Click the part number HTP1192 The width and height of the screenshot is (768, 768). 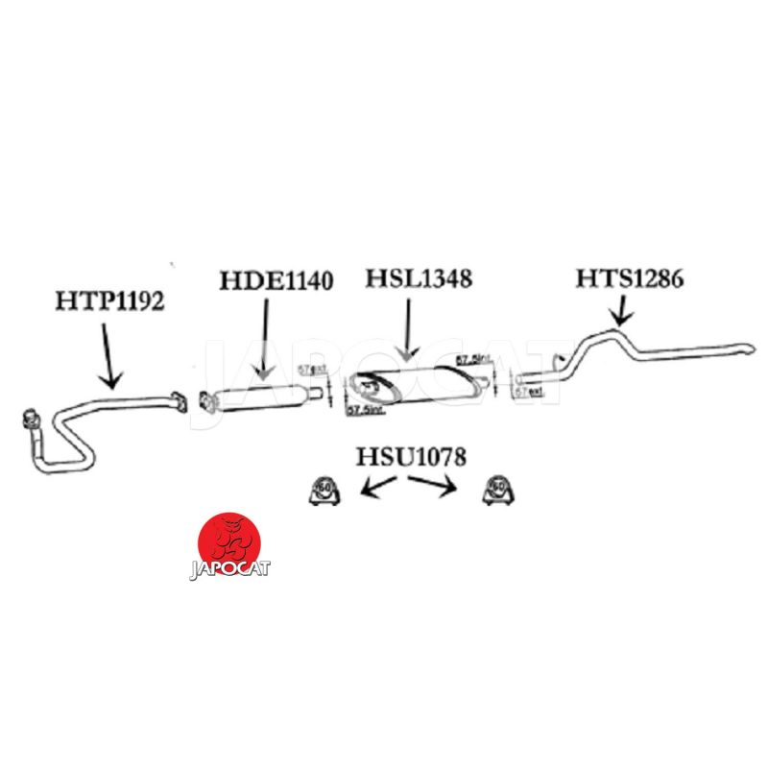click(109, 300)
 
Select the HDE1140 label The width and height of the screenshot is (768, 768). click(276, 281)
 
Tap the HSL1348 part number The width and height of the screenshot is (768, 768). click(419, 279)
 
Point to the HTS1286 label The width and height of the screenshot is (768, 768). click(629, 279)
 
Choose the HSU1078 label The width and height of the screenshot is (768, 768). click(412, 457)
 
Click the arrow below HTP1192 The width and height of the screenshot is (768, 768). click(108, 355)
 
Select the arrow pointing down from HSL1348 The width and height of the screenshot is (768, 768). click(410, 331)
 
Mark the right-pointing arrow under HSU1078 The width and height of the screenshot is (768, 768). click(440, 488)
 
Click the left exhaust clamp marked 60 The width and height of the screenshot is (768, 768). click(324, 490)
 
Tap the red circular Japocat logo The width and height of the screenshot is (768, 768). click(229, 538)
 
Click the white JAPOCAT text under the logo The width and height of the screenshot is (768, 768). click(229, 568)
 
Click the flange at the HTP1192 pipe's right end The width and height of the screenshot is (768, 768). click(176, 403)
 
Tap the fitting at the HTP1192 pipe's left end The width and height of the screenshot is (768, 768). click(30, 420)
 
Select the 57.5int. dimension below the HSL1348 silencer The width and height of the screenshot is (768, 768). click(360, 411)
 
